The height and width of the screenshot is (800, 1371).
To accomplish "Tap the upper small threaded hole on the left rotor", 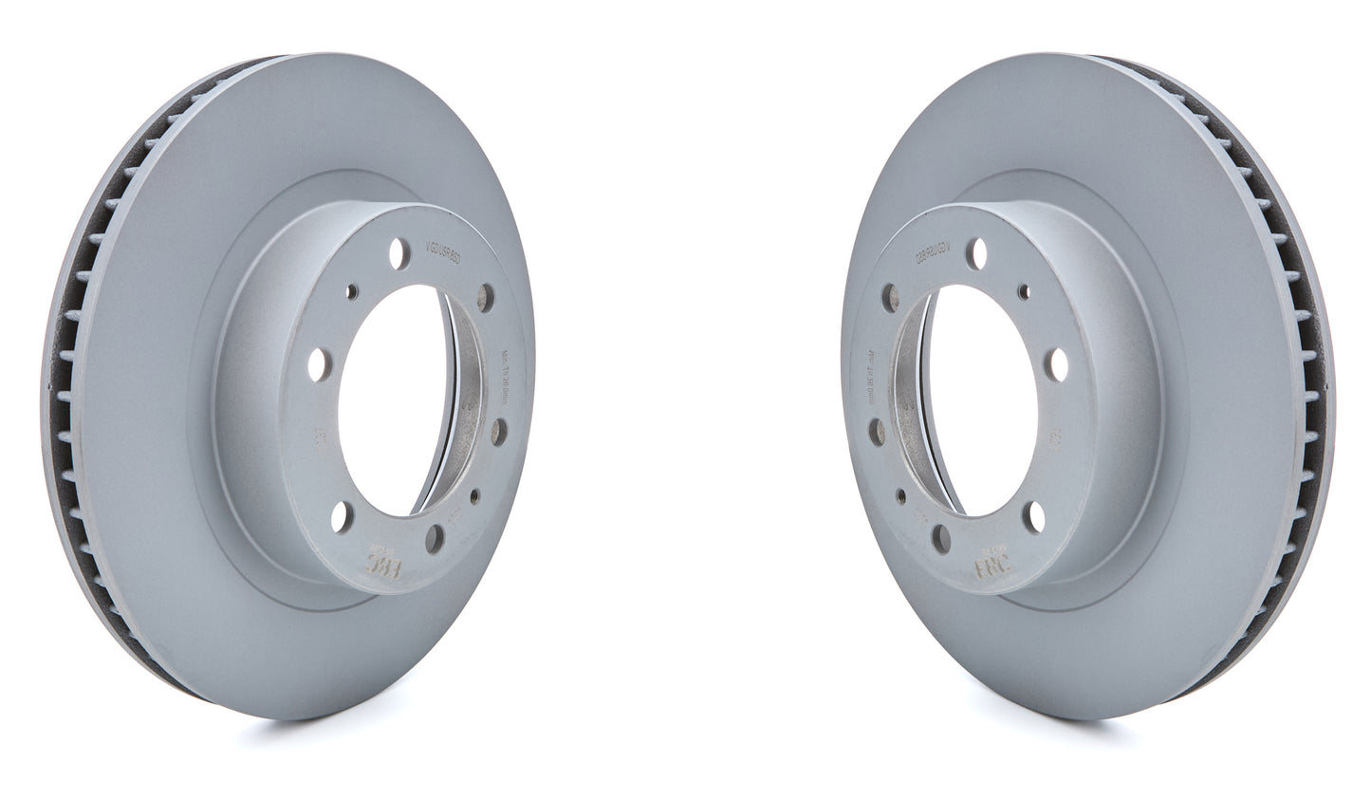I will pos(353,291).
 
